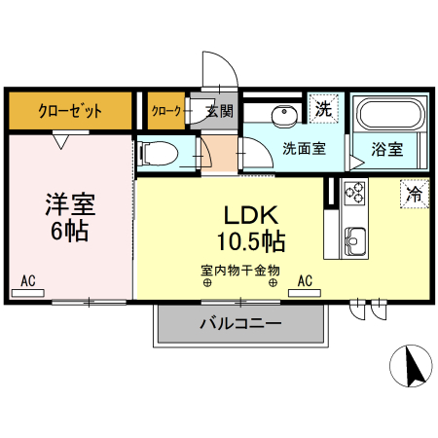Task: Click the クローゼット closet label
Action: (70, 111)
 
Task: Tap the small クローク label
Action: (166, 111)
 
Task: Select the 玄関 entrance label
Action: (218, 111)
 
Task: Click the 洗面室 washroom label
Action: (304, 149)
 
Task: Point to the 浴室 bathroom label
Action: (386, 149)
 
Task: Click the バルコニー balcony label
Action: (240, 322)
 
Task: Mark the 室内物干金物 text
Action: (240, 270)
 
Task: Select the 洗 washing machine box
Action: (323, 110)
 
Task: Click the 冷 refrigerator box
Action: (414, 194)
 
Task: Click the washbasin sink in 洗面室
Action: (283, 114)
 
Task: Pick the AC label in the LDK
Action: (305, 282)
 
